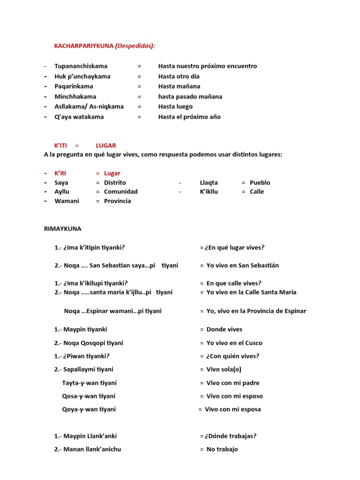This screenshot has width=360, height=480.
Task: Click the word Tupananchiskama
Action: point(81,66)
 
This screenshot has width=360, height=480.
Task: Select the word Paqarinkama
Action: point(74,86)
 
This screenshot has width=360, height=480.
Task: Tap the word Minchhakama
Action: point(75,97)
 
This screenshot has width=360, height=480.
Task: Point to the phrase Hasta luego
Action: point(175,106)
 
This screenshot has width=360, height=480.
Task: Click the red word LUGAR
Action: point(106,146)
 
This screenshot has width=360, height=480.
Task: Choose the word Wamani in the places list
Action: point(67,201)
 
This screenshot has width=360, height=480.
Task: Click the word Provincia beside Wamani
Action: point(118,201)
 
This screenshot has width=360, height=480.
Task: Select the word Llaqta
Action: point(209,182)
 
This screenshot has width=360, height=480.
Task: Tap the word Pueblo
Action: point(260,182)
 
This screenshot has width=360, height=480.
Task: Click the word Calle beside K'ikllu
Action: point(257,191)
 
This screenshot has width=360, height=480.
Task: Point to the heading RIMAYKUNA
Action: point(62,229)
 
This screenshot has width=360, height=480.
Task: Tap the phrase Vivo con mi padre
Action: point(232,383)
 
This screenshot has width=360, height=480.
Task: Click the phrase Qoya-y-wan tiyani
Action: point(89,409)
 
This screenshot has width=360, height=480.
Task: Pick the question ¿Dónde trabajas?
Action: point(231,436)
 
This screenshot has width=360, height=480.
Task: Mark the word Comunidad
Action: point(121,191)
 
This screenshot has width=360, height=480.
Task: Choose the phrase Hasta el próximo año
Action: point(189,117)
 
